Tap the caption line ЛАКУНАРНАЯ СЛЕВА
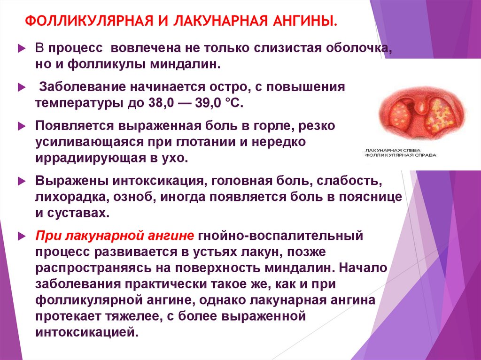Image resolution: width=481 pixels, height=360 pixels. (x=393, y=150)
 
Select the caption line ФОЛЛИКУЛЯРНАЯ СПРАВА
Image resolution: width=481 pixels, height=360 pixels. (x=400, y=155)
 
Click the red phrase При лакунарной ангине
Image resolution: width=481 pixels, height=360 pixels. (x=115, y=236)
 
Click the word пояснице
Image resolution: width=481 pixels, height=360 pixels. (x=370, y=197)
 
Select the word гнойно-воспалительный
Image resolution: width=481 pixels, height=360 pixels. (x=281, y=236)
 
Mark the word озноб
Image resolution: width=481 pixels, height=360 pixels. (x=135, y=197)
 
